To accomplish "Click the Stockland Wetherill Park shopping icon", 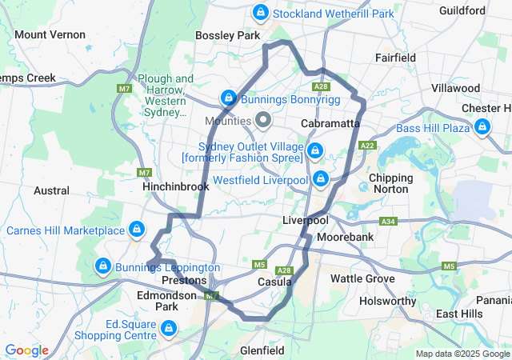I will click(x=261, y=13).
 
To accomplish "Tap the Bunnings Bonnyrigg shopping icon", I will click(x=229, y=98).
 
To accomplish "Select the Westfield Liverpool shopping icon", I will click(x=321, y=178).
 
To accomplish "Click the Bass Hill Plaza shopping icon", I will click(x=482, y=126).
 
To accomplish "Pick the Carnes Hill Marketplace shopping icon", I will click(x=137, y=230).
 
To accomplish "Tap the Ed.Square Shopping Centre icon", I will click(x=168, y=328).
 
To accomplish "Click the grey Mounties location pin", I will click(x=263, y=121).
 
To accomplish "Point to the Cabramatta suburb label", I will click(x=331, y=124).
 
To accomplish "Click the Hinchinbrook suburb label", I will click(x=175, y=186).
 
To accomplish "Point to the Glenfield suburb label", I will click(x=262, y=350).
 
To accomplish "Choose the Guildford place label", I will click(x=462, y=10).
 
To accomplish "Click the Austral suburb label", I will click(x=51, y=190).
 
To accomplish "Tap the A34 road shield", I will click(x=389, y=221).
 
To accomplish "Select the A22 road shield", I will click(x=368, y=146).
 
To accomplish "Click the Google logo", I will click(x=26, y=350).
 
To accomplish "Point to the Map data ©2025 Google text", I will click(x=462, y=354).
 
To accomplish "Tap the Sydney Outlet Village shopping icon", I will click(x=314, y=150).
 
